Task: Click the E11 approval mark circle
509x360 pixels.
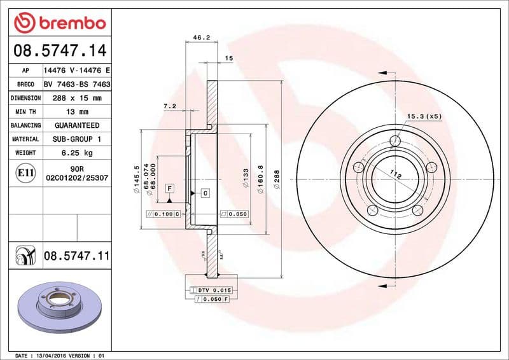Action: (25, 172)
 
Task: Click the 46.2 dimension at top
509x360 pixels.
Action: (201, 38)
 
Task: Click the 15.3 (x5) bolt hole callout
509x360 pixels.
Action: (424, 116)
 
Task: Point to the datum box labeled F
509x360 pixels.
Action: (170, 188)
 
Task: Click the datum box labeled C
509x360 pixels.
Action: (206, 193)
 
